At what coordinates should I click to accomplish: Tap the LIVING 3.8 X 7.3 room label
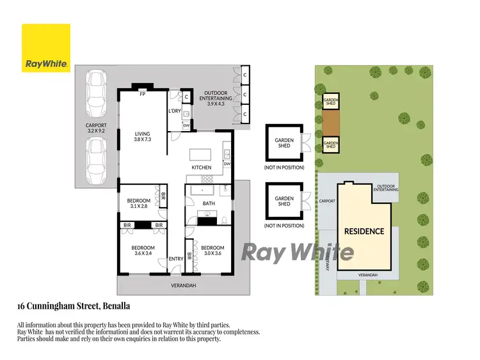coord(142,137)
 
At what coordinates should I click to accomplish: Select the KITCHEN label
coord(202,168)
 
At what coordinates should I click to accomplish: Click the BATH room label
coord(209,204)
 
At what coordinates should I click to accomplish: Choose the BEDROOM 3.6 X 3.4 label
coord(143,251)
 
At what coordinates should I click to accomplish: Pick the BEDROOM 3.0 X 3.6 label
coord(212,251)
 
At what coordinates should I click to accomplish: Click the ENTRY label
coord(176,259)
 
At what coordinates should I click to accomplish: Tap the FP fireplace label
coord(143,94)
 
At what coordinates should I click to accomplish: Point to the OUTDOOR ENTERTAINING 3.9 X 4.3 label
coord(214,100)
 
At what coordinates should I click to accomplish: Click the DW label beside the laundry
coord(186,125)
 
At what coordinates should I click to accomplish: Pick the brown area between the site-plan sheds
coord(331,122)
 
